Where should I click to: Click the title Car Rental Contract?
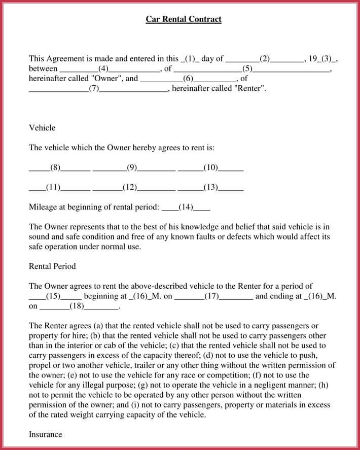184,19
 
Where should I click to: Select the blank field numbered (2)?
264,58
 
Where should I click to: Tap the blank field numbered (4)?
103,68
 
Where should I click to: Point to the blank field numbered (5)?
247,68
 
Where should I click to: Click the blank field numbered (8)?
55,167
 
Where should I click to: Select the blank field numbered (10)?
210,167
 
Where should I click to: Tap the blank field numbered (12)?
130,187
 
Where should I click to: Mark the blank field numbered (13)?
210,187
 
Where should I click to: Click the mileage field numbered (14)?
186,207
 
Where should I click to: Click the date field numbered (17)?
211,296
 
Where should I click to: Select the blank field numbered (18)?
77,306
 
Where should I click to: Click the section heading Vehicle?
42,128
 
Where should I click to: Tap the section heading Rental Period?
52,266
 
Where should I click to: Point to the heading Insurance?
46,434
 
